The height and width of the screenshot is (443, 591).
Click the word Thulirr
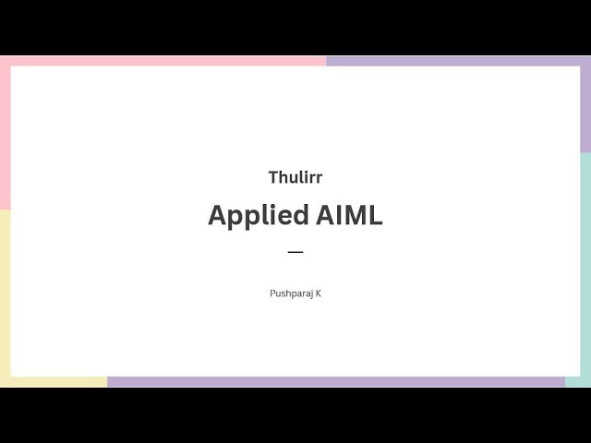(295, 177)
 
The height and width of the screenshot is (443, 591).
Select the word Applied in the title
(258, 216)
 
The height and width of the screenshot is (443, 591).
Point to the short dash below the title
(295, 251)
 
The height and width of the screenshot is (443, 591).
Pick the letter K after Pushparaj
(319, 293)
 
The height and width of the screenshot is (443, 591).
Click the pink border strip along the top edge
(166, 61)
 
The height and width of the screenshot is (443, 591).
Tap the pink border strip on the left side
(5, 138)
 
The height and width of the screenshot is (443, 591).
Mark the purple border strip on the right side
(585, 106)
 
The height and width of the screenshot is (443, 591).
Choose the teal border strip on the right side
(585, 268)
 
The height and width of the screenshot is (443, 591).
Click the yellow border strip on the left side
(5, 295)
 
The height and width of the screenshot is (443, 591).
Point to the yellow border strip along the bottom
(55, 382)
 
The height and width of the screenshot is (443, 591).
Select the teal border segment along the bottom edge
(578, 382)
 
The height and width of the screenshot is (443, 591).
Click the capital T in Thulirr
(273, 177)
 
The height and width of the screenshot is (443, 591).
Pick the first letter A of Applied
(218, 215)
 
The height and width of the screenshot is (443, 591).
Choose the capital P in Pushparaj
(272, 293)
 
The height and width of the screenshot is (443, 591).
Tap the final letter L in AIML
(375, 215)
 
